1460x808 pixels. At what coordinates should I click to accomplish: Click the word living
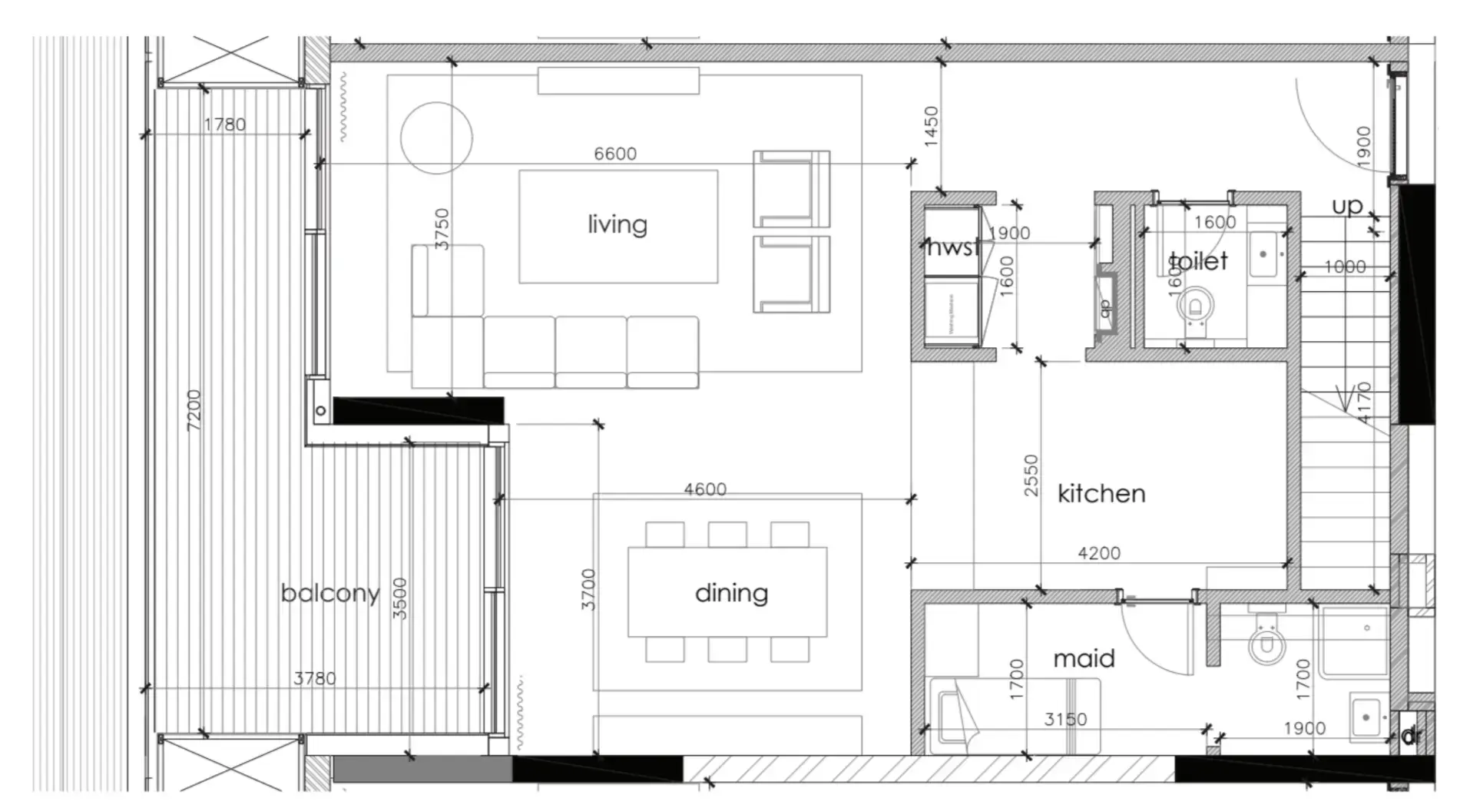617,224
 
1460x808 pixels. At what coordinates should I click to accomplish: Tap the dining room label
730,593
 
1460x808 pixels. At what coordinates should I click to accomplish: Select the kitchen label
1101,493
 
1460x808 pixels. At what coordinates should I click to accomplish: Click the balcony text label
330,593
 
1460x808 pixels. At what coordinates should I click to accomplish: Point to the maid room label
1084,658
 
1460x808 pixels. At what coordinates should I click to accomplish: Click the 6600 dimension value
614,154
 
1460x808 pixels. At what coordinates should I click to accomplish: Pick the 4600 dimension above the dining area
705,489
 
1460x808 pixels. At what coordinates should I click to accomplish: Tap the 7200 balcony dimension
194,410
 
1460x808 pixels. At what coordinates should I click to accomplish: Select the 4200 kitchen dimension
1098,553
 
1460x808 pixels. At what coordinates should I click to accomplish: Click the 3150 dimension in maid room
1065,720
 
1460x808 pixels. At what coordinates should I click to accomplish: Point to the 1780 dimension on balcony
225,124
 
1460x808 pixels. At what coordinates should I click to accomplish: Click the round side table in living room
436,138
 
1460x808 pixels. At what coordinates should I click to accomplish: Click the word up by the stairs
1347,206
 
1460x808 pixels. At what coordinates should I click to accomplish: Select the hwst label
952,247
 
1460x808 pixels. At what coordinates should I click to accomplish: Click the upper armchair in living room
791,189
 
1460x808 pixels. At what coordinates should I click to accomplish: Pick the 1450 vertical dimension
931,127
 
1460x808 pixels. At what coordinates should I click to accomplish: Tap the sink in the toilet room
1264,254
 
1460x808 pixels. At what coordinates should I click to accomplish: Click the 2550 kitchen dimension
1031,475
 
